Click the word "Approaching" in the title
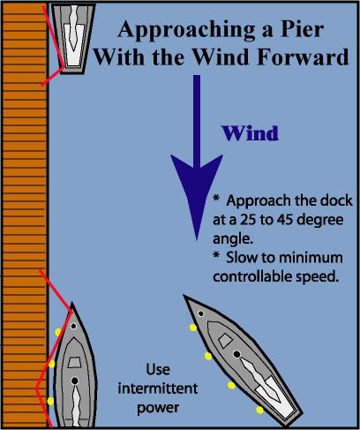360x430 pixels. click(x=186, y=30)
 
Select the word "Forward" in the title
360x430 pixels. click(x=303, y=57)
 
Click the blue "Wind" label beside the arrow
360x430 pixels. click(x=250, y=133)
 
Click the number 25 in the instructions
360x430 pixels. click(x=248, y=220)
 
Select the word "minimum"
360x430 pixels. click(x=311, y=258)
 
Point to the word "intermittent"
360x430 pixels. click(x=158, y=389)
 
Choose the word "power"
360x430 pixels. click(x=158, y=409)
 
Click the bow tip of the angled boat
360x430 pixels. click(x=184, y=295)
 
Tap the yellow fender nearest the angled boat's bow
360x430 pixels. click(x=193, y=328)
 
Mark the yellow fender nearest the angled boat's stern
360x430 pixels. click(x=259, y=410)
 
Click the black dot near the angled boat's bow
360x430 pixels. click(x=201, y=313)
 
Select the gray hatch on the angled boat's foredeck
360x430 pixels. click(x=226, y=340)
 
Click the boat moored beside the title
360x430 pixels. click(x=73, y=38)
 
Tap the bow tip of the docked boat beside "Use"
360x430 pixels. click(x=72, y=303)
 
